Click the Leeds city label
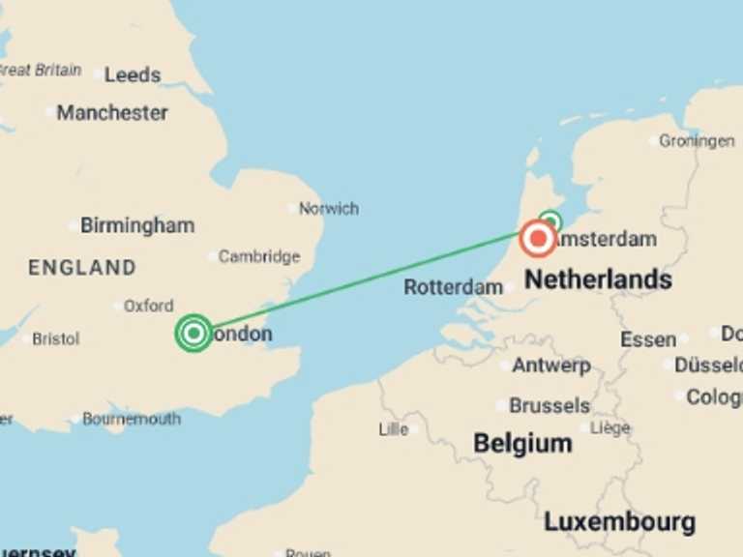(x=133, y=74)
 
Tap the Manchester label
(x=111, y=112)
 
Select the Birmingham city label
(x=136, y=225)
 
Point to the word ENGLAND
(x=82, y=268)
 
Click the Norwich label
(x=328, y=208)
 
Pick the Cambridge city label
(x=258, y=256)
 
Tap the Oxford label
(x=148, y=306)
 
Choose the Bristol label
(x=55, y=338)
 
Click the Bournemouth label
(x=131, y=419)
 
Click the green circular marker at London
(x=194, y=333)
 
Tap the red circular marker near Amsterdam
(x=537, y=238)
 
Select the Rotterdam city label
(x=453, y=287)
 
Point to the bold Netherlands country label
(x=598, y=280)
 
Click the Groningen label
(x=697, y=141)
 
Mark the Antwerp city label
(x=550, y=366)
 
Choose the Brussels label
(x=549, y=405)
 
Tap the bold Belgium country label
(x=522, y=444)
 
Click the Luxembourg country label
(x=619, y=523)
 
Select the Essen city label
(x=647, y=339)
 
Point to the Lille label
(x=394, y=429)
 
